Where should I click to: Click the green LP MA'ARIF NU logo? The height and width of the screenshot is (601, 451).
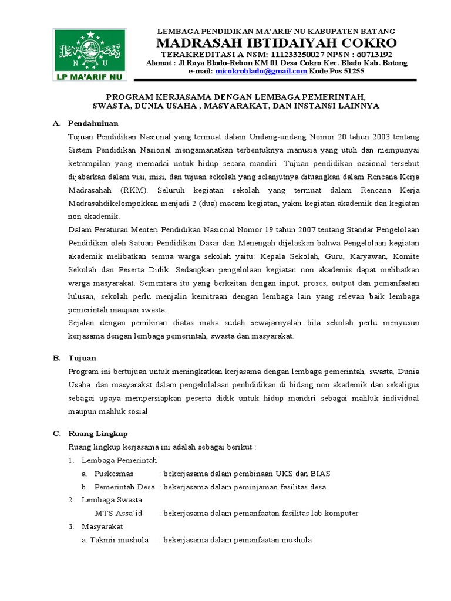point(90,55)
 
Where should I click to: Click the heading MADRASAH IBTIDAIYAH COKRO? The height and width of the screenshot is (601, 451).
point(276,43)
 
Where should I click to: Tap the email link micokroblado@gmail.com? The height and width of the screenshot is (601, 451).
point(261,71)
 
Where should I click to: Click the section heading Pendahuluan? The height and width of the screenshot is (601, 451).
point(93,123)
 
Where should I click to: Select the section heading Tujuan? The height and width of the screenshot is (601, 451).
point(82,357)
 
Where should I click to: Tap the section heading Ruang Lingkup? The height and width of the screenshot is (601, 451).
point(97,433)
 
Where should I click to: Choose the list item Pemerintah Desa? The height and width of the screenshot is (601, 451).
point(124,487)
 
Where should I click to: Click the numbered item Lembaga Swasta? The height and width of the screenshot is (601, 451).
point(112,499)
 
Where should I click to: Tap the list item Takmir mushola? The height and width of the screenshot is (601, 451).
point(119,540)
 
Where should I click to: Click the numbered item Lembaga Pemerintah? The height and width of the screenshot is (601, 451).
point(119,460)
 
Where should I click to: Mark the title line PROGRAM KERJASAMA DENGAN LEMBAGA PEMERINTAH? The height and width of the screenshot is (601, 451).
point(236,96)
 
